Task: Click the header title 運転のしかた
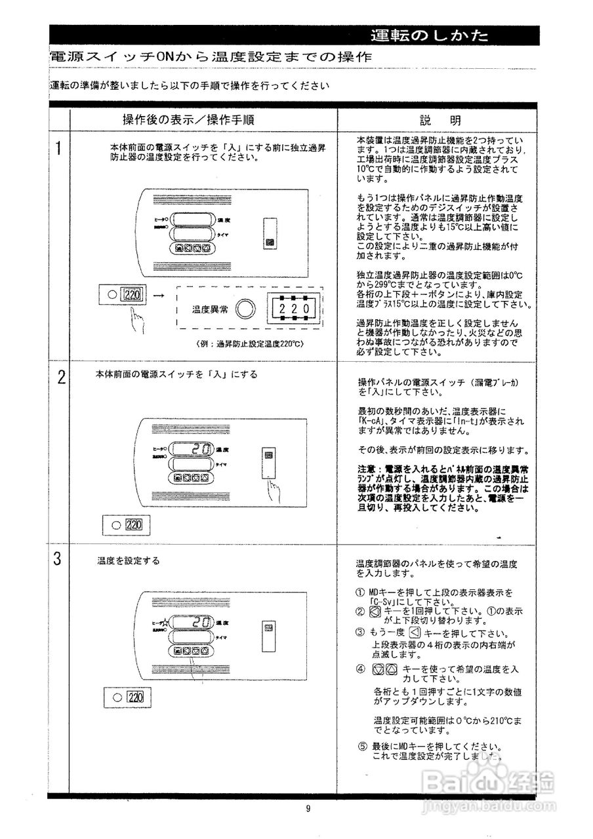point(429,36)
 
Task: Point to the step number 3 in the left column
point(58,560)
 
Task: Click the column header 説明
point(440,121)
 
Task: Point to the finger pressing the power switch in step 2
point(270,490)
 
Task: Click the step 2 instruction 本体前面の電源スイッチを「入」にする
point(176,374)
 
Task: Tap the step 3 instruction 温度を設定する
point(128,561)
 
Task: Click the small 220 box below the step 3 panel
point(134,697)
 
